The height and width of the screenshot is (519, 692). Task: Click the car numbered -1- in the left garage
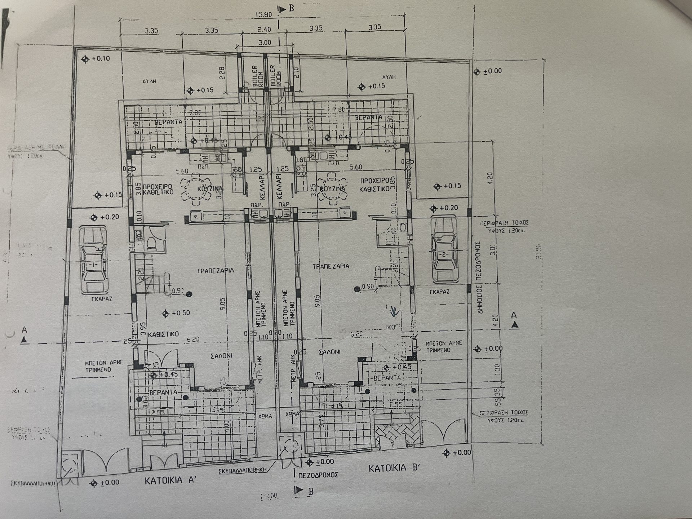(94, 260)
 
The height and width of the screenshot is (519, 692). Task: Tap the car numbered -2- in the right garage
(444, 250)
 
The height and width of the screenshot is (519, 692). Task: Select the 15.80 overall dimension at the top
(263, 15)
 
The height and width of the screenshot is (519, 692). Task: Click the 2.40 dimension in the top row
(264, 29)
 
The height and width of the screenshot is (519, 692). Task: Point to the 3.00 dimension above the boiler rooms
(265, 43)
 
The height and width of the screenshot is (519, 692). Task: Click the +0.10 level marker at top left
(96, 59)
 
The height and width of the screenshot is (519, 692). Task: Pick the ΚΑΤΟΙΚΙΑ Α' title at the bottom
(170, 480)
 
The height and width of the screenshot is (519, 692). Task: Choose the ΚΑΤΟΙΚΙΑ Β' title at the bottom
(394, 469)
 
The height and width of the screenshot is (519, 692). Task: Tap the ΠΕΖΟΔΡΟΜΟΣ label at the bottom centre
(318, 475)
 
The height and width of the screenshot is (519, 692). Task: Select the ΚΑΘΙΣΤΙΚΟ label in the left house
(163, 334)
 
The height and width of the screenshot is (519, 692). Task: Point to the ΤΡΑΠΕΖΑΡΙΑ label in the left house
(216, 270)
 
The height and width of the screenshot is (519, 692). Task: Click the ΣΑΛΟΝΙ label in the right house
(329, 351)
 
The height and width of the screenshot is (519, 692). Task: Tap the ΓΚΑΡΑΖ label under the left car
(101, 299)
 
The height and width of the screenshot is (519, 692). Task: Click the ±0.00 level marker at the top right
(488, 71)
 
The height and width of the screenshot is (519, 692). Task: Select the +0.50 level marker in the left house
(177, 313)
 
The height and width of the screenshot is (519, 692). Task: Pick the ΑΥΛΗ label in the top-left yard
(149, 81)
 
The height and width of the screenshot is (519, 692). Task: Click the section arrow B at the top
(282, 9)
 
